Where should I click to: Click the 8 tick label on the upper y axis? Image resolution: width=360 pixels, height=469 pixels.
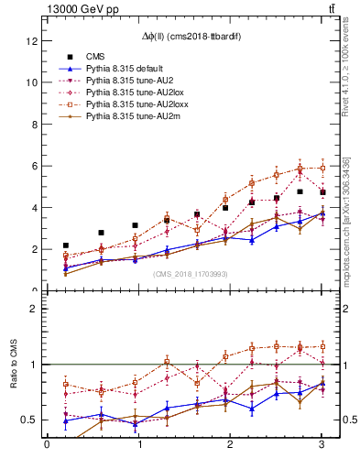[36, 124]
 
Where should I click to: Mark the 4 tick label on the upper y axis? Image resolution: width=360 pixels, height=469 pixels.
[36, 207]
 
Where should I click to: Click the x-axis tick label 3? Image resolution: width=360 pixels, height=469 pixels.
[322, 446]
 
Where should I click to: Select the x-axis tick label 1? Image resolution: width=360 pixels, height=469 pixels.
[138, 446]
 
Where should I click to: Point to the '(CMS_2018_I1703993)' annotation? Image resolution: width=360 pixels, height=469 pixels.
[191, 274]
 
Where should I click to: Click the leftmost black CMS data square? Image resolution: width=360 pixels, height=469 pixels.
[66, 245]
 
